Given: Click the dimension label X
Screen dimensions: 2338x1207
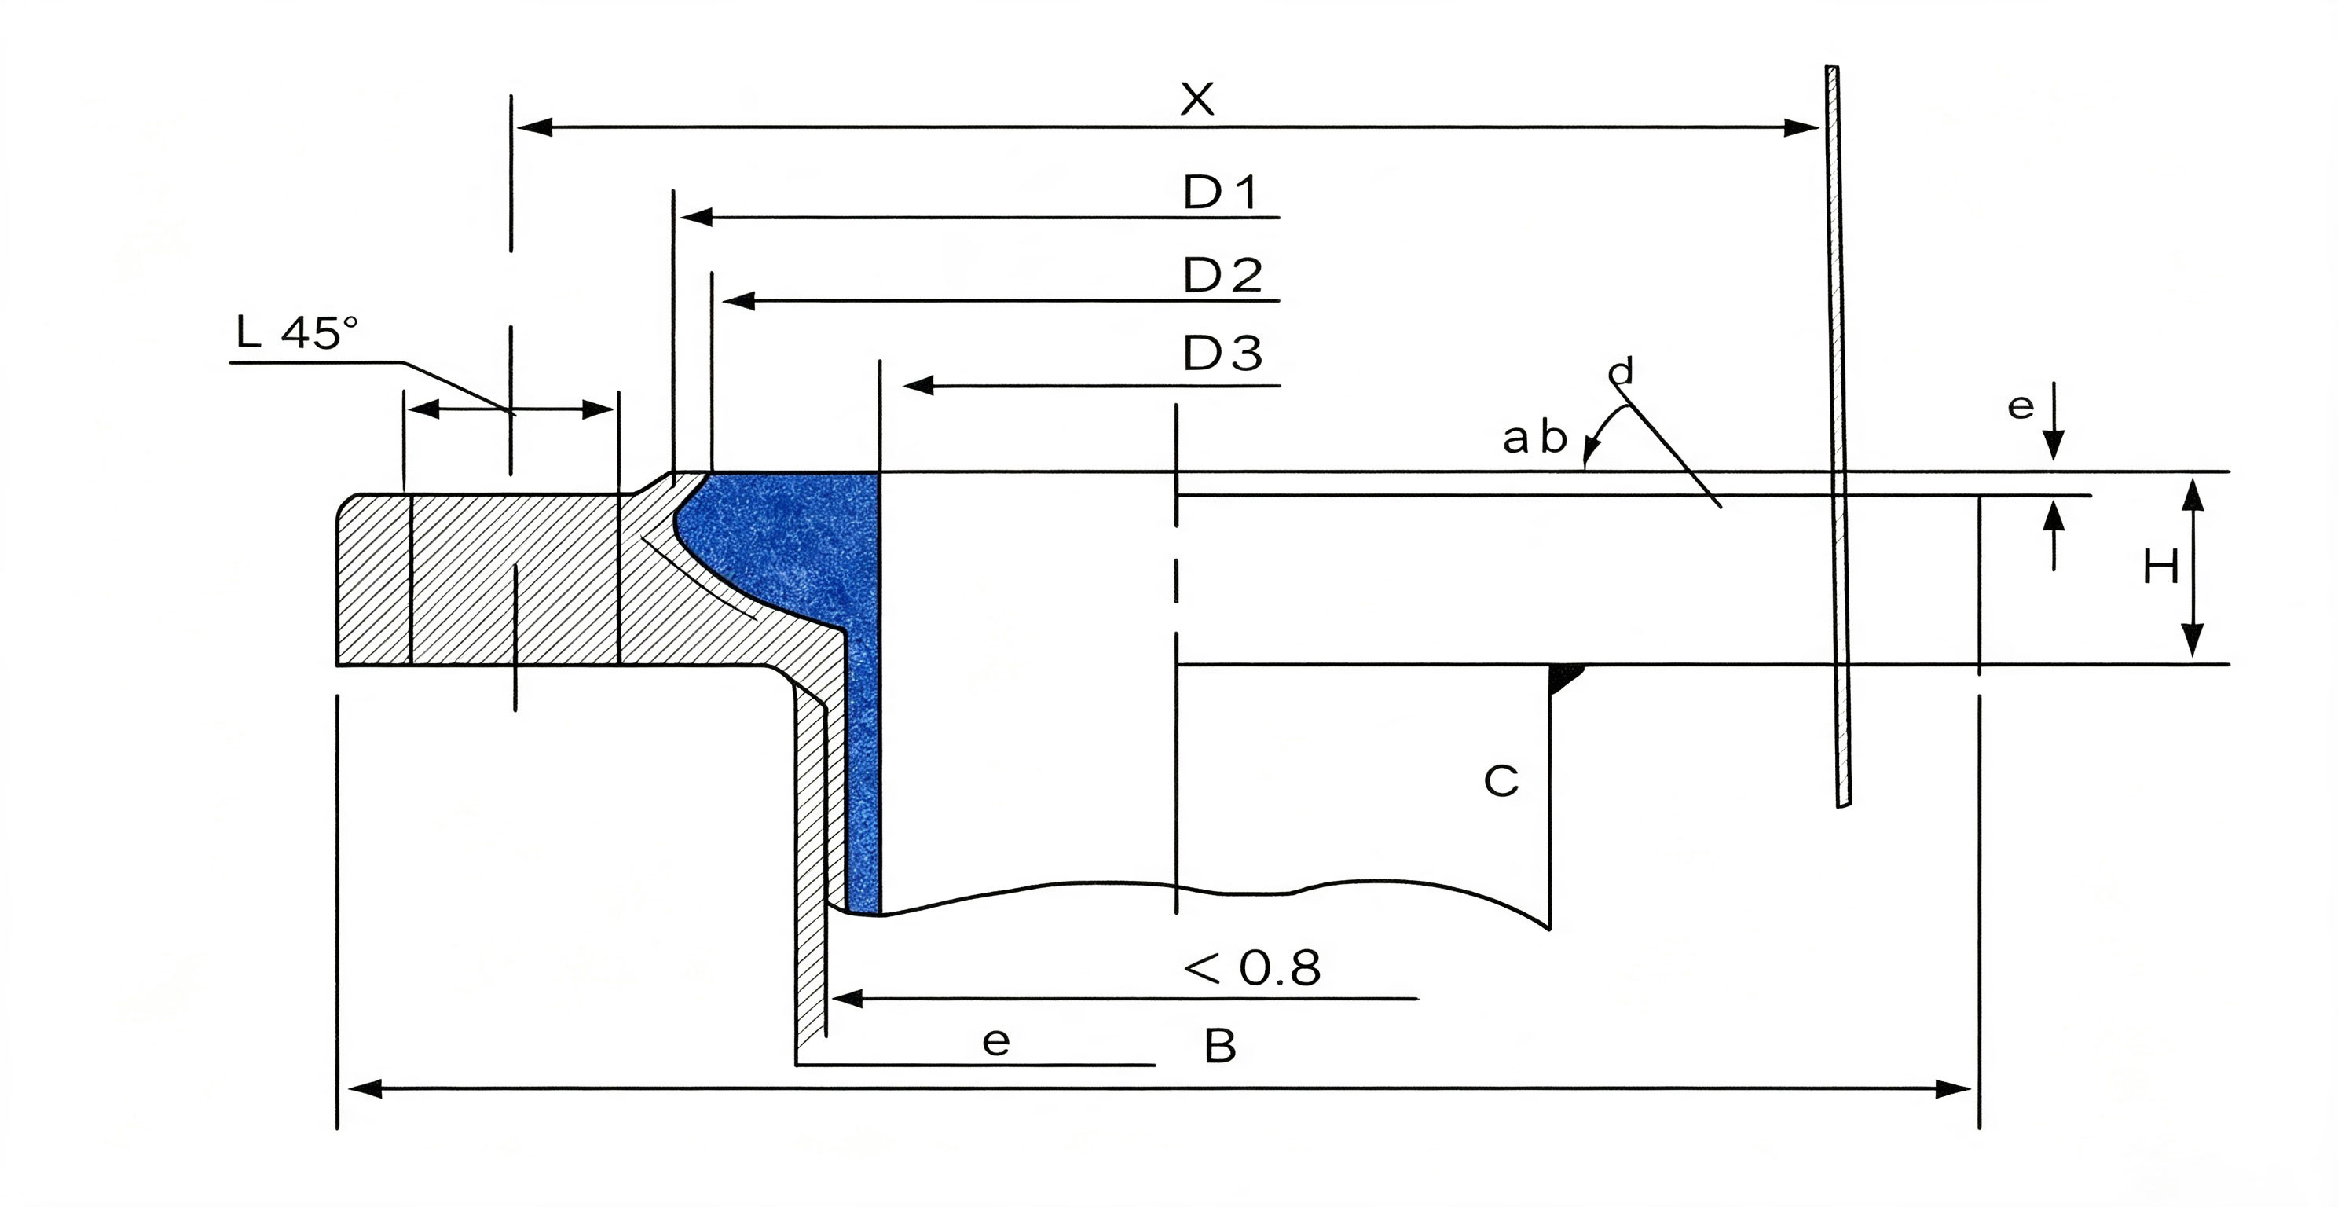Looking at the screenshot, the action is coord(1197,99).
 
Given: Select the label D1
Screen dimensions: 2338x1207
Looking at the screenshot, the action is coord(1222,193).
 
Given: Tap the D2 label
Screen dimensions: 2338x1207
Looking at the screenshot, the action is coord(1222,275).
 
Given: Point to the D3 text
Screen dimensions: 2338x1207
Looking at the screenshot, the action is coord(1222,354).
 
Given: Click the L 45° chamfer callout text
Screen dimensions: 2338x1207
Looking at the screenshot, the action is coord(297,333).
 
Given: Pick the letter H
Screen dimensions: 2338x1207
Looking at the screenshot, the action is coord(2161,569).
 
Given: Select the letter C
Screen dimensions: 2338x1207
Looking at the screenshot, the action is coord(1501,780).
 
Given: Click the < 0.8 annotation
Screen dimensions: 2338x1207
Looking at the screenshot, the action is coord(1251,968).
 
